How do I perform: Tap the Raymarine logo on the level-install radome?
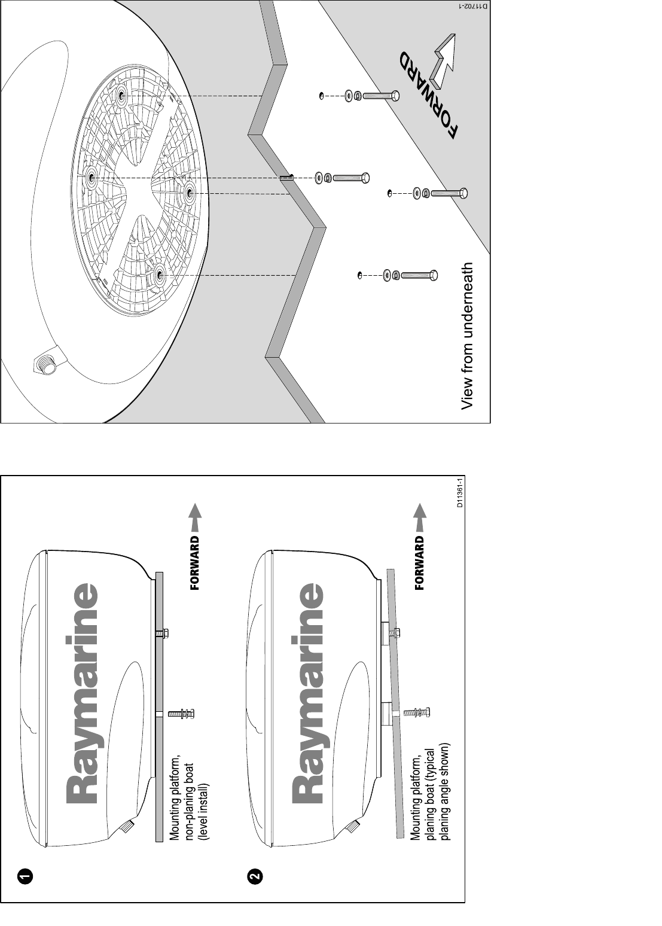tap(83, 694)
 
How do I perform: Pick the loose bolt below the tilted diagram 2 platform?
tap(417, 712)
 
